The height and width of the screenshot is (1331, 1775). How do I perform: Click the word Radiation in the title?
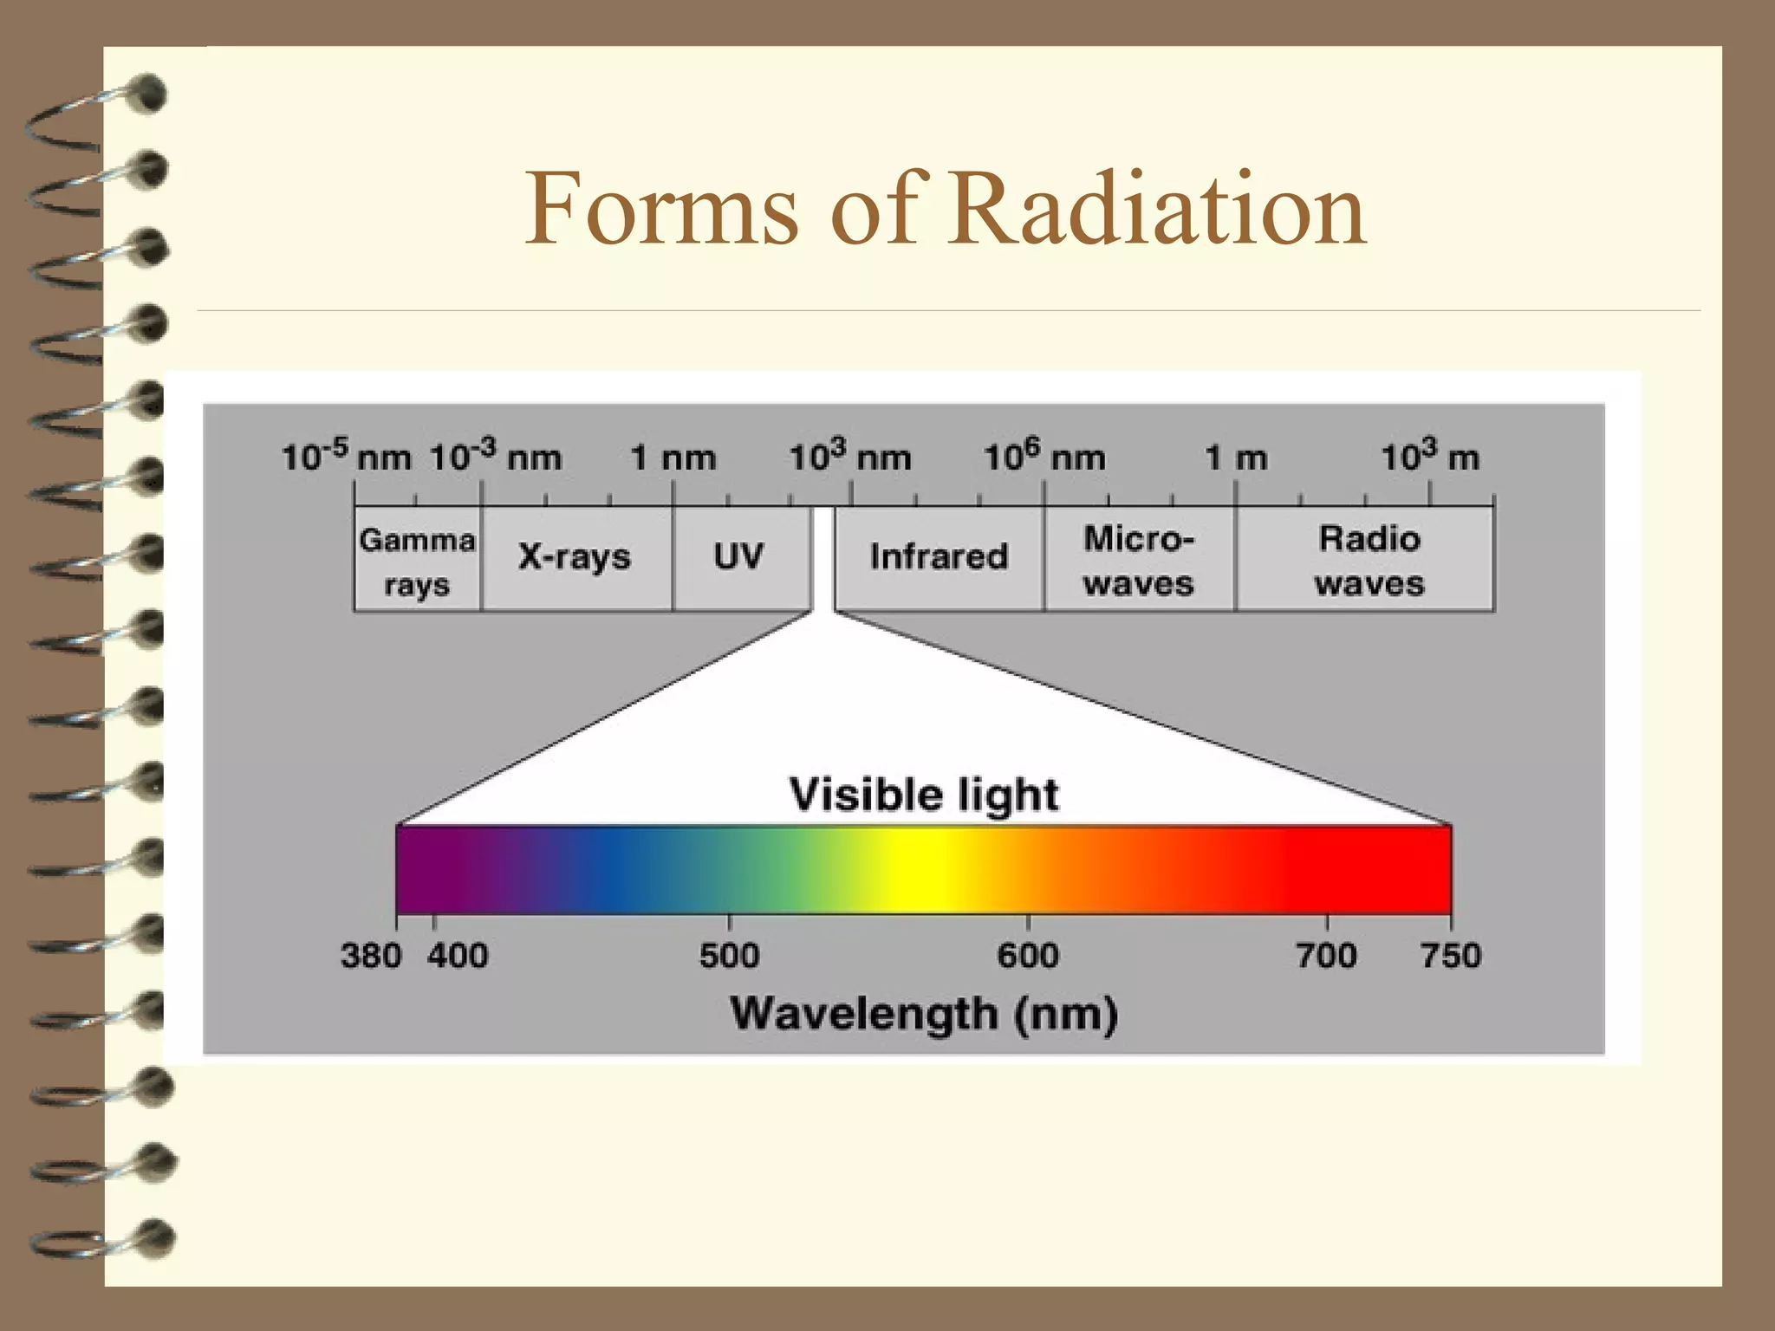[x=1158, y=209]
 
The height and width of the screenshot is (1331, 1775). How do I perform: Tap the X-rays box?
[x=575, y=558]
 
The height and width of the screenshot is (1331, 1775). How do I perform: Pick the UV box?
[x=739, y=557]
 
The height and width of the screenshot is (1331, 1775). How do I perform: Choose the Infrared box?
[x=939, y=557]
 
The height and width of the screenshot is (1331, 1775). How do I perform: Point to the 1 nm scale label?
[x=673, y=458]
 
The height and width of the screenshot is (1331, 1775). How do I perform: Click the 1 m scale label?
[x=1236, y=458]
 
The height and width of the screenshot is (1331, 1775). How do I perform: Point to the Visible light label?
[x=924, y=795]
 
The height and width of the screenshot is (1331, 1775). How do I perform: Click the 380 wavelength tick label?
[x=370, y=956]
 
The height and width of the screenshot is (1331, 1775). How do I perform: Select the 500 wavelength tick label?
[x=729, y=956]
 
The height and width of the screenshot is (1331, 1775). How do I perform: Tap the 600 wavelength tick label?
[x=1028, y=956]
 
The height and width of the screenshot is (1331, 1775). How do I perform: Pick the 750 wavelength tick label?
[x=1451, y=956]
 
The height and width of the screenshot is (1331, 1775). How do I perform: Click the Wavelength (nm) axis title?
[x=924, y=1014]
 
